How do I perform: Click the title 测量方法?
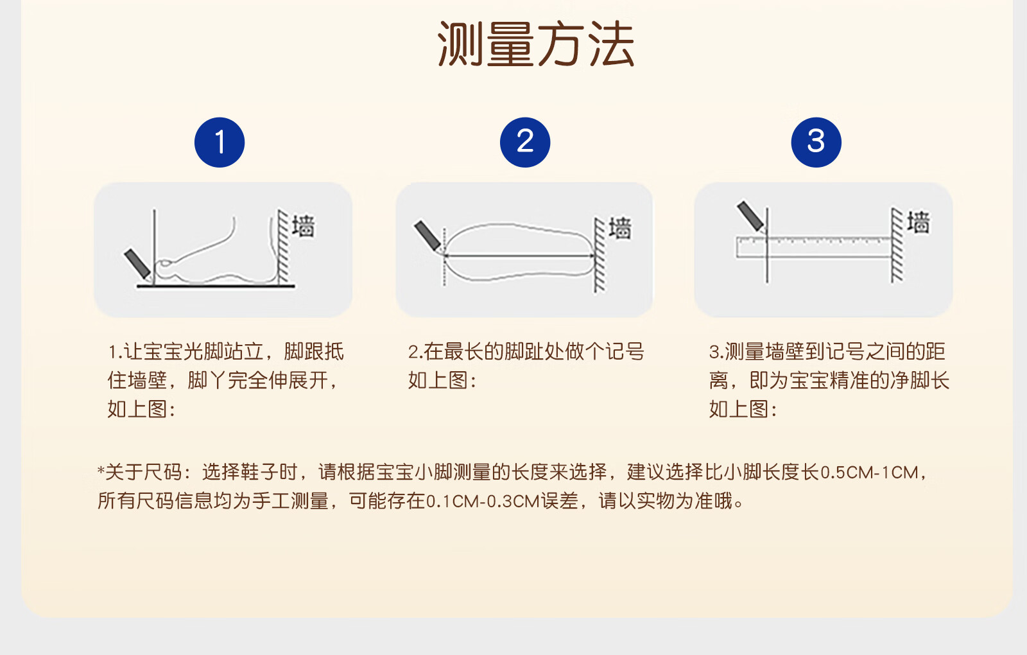coord(535,44)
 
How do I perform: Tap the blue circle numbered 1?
coord(220,142)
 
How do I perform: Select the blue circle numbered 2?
coord(525,142)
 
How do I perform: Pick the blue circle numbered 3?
coord(816,142)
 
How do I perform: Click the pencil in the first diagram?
coord(138,265)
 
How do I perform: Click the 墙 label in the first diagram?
coord(304,225)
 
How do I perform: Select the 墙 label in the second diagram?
coord(620,228)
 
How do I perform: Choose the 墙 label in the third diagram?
coord(919,222)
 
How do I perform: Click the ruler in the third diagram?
coord(814,247)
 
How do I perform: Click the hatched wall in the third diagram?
coord(897,245)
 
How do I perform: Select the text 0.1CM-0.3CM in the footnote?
coord(482,502)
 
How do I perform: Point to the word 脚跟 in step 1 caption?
coord(304,352)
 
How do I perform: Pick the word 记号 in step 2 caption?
coord(625,352)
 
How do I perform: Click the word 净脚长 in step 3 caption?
coord(919,381)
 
